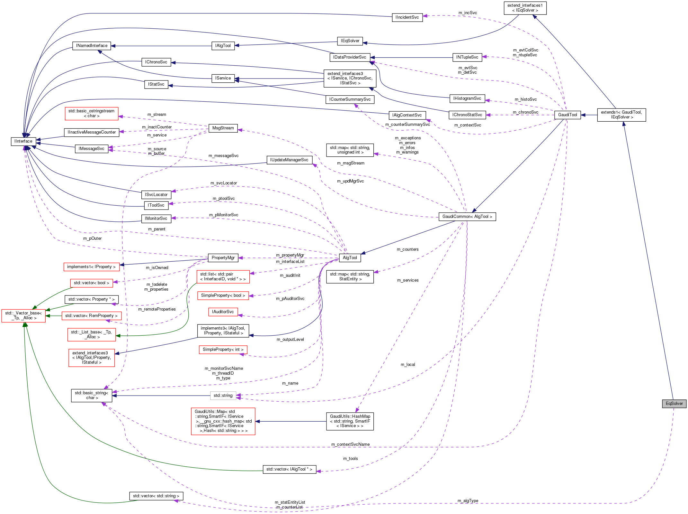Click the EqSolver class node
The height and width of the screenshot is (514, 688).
(674, 404)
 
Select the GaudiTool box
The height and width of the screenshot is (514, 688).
(567, 115)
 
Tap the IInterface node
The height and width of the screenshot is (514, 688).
(23, 141)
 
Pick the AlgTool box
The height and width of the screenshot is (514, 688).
(350, 258)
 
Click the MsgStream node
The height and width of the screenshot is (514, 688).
(223, 128)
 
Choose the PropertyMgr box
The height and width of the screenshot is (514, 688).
(223, 258)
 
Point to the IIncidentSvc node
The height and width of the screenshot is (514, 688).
(407, 17)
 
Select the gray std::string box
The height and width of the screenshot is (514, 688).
(223, 396)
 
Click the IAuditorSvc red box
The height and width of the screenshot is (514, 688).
(223, 312)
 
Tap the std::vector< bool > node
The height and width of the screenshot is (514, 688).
(92, 283)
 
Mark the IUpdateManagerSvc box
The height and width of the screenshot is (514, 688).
(289, 160)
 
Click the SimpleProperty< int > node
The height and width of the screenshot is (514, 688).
(223, 350)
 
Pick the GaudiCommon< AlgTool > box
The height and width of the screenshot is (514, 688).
(467, 217)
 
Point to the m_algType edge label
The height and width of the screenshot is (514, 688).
(468, 501)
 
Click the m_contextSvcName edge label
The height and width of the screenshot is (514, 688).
(351, 444)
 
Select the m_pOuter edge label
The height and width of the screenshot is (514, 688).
(92, 238)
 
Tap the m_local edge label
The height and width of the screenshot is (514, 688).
(408, 365)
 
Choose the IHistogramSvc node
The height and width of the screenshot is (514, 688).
(467, 98)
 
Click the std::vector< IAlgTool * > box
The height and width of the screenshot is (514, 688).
(289, 469)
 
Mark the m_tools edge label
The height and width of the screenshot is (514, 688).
(351, 459)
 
